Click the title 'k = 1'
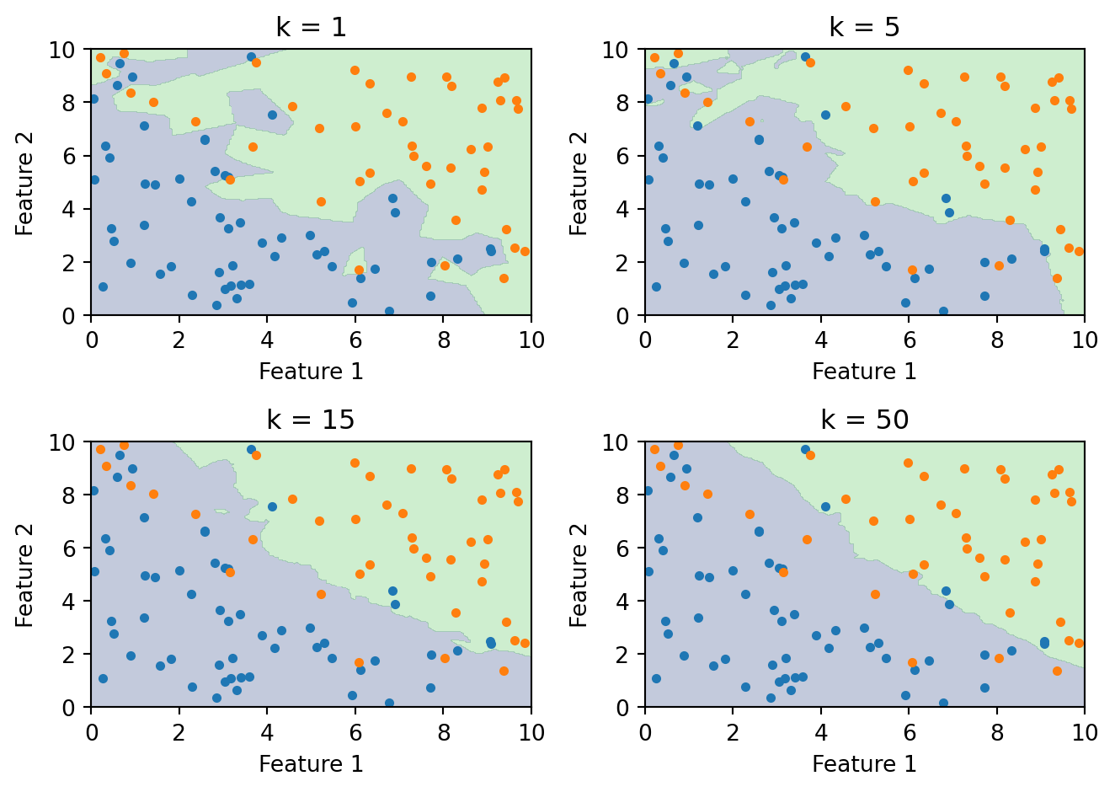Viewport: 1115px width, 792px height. tap(311, 27)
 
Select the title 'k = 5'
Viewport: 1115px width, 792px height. tap(864, 27)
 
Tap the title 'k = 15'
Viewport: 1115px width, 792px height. tap(311, 420)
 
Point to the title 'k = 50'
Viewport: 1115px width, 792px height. tap(864, 420)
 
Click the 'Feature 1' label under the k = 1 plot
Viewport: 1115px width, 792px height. tap(311, 372)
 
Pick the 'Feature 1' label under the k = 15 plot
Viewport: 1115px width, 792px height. tap(311, 764)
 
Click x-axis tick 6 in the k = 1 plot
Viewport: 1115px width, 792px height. tap(355, 340)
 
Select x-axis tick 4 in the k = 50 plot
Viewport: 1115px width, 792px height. tap(821, 732)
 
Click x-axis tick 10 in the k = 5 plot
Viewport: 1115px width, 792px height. tap(1085, 340)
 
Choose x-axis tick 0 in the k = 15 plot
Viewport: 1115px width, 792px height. tap(91, 732)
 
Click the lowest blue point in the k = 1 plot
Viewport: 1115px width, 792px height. tap(389, 311)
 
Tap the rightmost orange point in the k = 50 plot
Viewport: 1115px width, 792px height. tap(1079, 643)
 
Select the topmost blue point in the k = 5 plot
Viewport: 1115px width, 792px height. tap(805, 57)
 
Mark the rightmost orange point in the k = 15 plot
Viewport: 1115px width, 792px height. tap(525, 643)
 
